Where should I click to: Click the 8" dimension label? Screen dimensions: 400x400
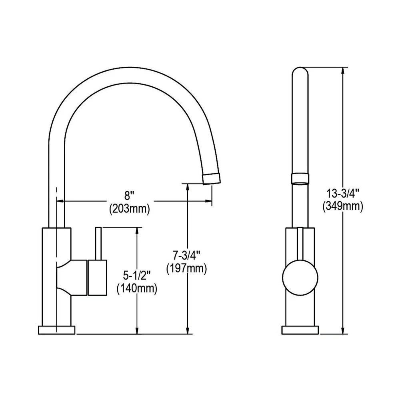click(x=128, y=196)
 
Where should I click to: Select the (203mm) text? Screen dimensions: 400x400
click(x=129, y=209)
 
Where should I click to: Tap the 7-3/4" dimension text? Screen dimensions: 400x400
click(x=186, y=255)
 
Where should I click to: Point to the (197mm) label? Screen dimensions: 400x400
click(x=186, y=268)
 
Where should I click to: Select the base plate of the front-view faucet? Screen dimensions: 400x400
click(x=300, y=330)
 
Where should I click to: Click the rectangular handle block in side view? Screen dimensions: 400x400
click(x=97, y=278)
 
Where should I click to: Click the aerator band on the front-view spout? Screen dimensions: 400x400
click(x=300, y=178)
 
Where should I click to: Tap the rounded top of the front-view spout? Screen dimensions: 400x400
click(x=300, y=72)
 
